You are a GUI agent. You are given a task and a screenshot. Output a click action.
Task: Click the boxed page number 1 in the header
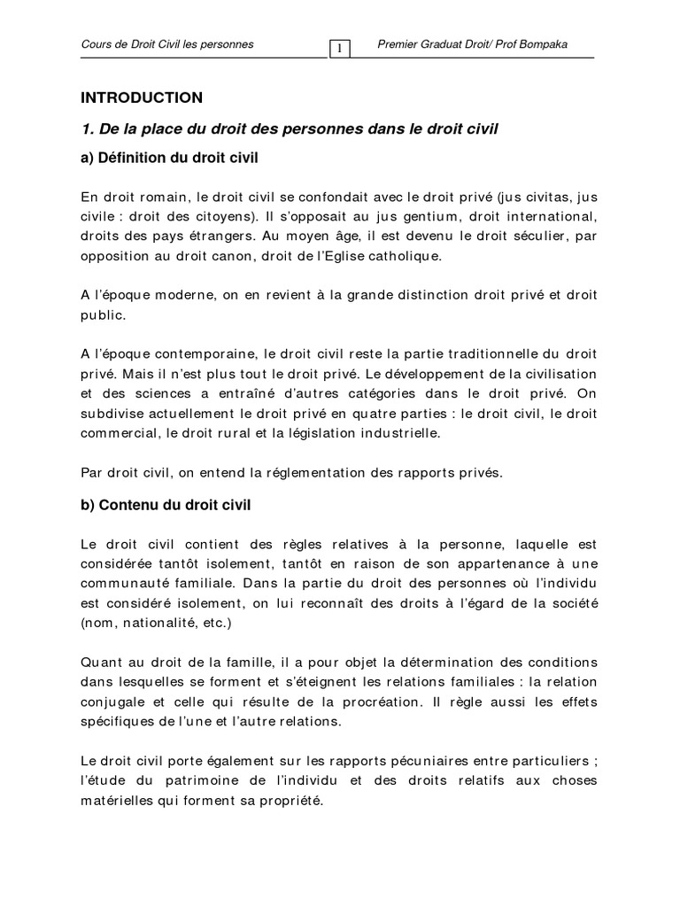coord(339,48)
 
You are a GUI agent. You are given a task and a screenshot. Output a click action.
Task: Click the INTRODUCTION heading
coord(142,97)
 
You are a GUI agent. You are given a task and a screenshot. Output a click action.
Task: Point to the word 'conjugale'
coord(111,702)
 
